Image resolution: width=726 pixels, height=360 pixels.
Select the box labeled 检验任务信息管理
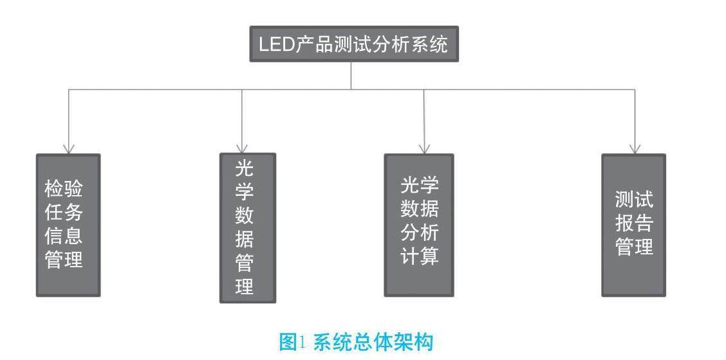point(68,225)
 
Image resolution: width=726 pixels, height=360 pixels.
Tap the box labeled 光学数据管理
point(248,227)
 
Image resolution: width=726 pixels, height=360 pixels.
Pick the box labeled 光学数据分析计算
point(419,225)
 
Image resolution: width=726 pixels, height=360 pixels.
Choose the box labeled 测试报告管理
point(633,225)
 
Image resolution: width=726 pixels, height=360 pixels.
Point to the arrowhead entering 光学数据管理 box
point(242,149)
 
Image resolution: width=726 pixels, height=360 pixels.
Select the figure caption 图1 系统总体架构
point(356,341)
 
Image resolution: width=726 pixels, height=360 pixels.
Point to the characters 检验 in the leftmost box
point(64,189)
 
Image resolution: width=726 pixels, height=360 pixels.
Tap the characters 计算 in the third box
point(420,256)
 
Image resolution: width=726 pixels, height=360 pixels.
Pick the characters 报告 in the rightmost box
point(634,223)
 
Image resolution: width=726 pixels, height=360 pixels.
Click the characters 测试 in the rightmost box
point(634,200)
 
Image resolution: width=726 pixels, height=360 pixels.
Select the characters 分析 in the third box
point(420,232)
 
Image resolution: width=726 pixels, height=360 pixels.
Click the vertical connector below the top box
point(351,75)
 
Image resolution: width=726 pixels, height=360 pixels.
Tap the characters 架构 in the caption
point(415,341)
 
